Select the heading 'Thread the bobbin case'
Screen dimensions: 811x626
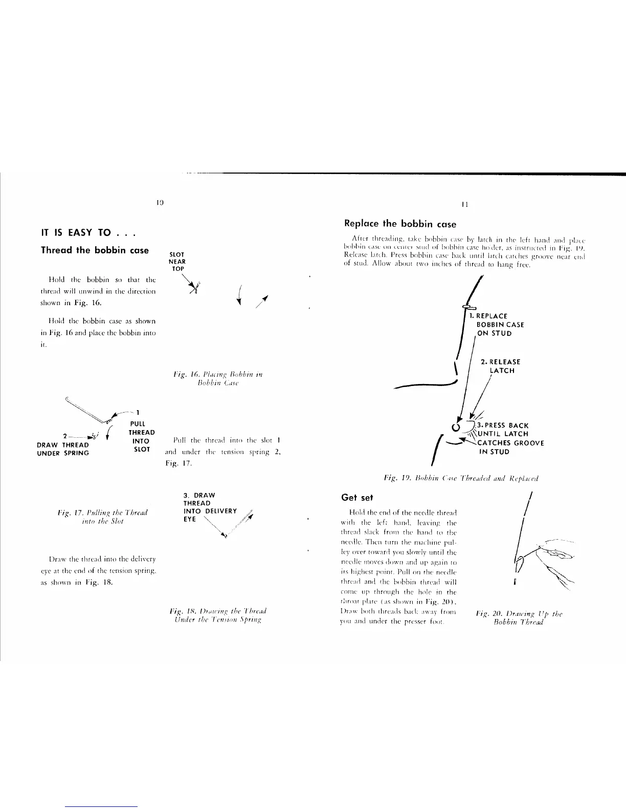pyautogui.click(x=95, y=250)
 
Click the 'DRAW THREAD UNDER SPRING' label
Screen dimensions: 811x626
pyautogui.click(x=63, y=449)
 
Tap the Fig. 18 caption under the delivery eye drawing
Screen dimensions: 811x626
pyautogui.click(x=218, y=615)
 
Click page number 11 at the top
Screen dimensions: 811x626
pyautogui.click(x=464, y=204)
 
